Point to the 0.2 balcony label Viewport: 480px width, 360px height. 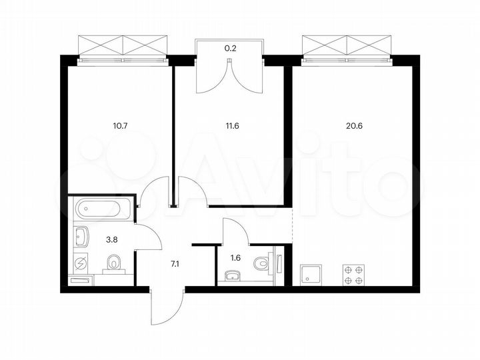(x=229, y=47)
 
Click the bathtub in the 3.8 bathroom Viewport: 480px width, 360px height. (x=101, y=210)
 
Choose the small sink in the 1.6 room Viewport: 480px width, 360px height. (x=233, y=275)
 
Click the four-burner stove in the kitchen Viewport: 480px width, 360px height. (x=354, y=274)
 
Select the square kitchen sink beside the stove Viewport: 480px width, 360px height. (x=312, y=273)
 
